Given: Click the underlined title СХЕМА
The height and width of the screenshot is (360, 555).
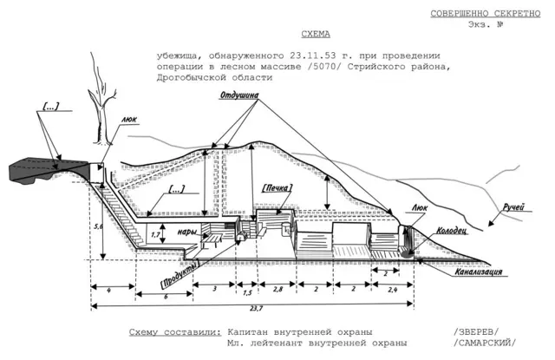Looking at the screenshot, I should [315, 36].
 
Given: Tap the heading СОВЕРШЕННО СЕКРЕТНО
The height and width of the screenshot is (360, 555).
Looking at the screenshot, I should [486, 13].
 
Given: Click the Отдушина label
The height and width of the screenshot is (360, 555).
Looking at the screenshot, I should [240, 96].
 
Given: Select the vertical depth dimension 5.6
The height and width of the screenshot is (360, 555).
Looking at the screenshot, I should [98, 226].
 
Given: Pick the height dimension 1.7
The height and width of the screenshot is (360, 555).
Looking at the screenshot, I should [155, 234].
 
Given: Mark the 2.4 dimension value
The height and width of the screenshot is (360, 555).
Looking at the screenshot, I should [394, 287].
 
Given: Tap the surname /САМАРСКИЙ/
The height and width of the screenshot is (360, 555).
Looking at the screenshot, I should [483, 344].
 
